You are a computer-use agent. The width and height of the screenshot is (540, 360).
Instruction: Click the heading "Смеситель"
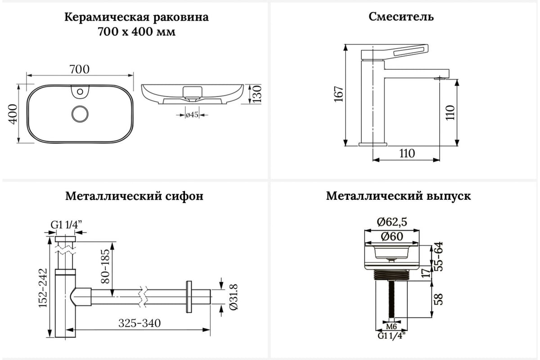pyautogui.click(x=401, y=17)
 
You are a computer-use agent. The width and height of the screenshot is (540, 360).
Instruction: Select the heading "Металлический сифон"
pyautogui.click(x=134, y=197)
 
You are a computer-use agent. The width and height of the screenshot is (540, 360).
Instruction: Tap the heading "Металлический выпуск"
pyautogui.click(x=398, y=197)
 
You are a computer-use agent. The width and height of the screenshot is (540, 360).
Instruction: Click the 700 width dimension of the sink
pyautogui.click(x=80, y=69)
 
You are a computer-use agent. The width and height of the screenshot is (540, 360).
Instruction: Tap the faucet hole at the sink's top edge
pyautogui.click(x=81, y=93)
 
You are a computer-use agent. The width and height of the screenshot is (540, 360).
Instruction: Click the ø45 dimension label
pyautogui.click(x=192, y=115)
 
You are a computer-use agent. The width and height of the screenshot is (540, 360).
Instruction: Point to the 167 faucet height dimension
pyautogui.click(x=338, y=94)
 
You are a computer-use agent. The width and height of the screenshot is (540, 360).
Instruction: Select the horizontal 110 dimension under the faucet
pyautogui.click(x=406, y=153)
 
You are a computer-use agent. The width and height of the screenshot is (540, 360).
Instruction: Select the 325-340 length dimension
pyautogui.click(x=139, y=323)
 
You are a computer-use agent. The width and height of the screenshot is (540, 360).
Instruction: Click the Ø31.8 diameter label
pyautogui.click(x=233, y=297)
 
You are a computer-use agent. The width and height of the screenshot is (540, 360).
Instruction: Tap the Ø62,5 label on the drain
pyautogui.click(x=392, y=222)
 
